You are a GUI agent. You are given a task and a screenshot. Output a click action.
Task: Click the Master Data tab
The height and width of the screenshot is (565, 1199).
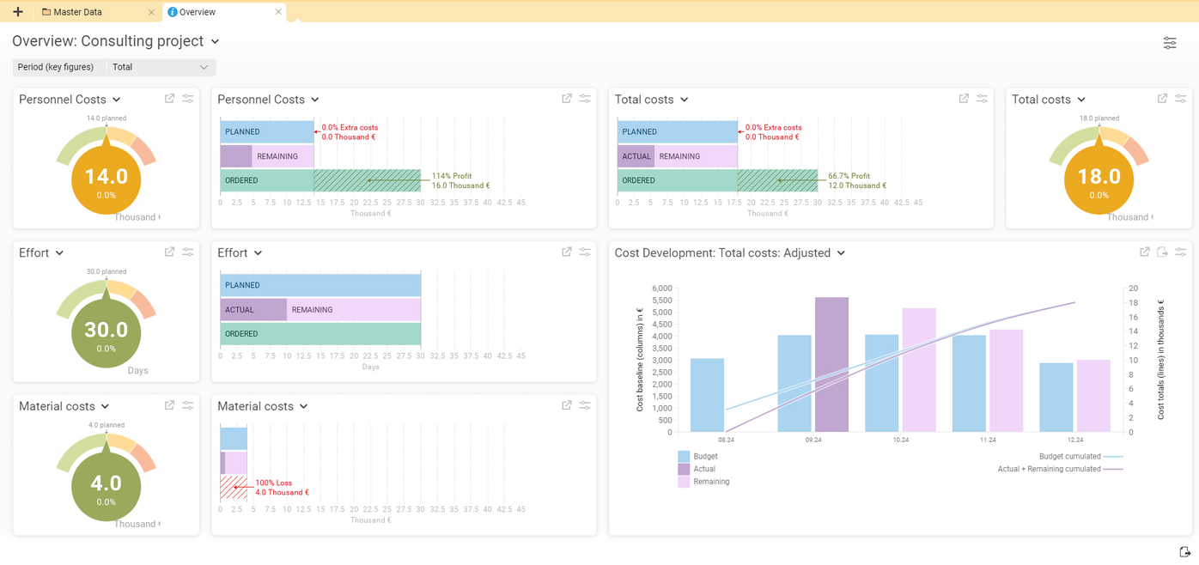[x=77, y=12]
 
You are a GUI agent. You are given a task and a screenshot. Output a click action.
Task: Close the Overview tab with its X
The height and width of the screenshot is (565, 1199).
[x=278, y=12]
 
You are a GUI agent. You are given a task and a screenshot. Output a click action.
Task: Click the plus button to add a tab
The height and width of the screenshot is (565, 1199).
[x=17, y=12]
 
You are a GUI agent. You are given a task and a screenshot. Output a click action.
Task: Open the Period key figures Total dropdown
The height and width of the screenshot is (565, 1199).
[x=160, y=67]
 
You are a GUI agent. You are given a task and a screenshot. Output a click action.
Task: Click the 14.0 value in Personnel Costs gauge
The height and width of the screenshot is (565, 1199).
[x=106, y=177]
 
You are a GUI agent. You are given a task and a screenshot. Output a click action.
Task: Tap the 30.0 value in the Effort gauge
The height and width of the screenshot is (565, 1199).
[x=106, y=330]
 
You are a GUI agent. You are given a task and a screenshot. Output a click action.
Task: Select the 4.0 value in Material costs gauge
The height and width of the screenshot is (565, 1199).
[x=106, y=483]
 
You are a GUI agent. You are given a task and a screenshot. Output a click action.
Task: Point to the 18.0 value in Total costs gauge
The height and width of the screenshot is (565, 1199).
[x=1099, y=177]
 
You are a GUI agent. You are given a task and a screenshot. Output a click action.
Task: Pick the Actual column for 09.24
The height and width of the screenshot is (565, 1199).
[x=831, y=365]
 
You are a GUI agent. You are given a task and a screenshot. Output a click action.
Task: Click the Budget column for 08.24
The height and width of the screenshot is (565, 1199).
[x=707, y=395]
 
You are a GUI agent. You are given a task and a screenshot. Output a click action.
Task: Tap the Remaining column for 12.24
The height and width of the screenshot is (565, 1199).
[x=1093, y=396]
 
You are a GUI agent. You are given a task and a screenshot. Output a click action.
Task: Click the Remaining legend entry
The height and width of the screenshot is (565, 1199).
[x=710, y=482]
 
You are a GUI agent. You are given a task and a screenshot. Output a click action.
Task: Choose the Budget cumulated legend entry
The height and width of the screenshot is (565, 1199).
[x=1069, y=457]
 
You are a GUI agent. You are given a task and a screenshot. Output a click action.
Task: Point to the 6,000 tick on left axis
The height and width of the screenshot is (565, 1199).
[x=661, y=289]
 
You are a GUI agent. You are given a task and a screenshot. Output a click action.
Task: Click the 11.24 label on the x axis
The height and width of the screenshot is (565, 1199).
[x=988, y=440]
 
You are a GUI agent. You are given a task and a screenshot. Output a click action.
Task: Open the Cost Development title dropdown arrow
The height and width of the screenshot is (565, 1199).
[x=841, y=253]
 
